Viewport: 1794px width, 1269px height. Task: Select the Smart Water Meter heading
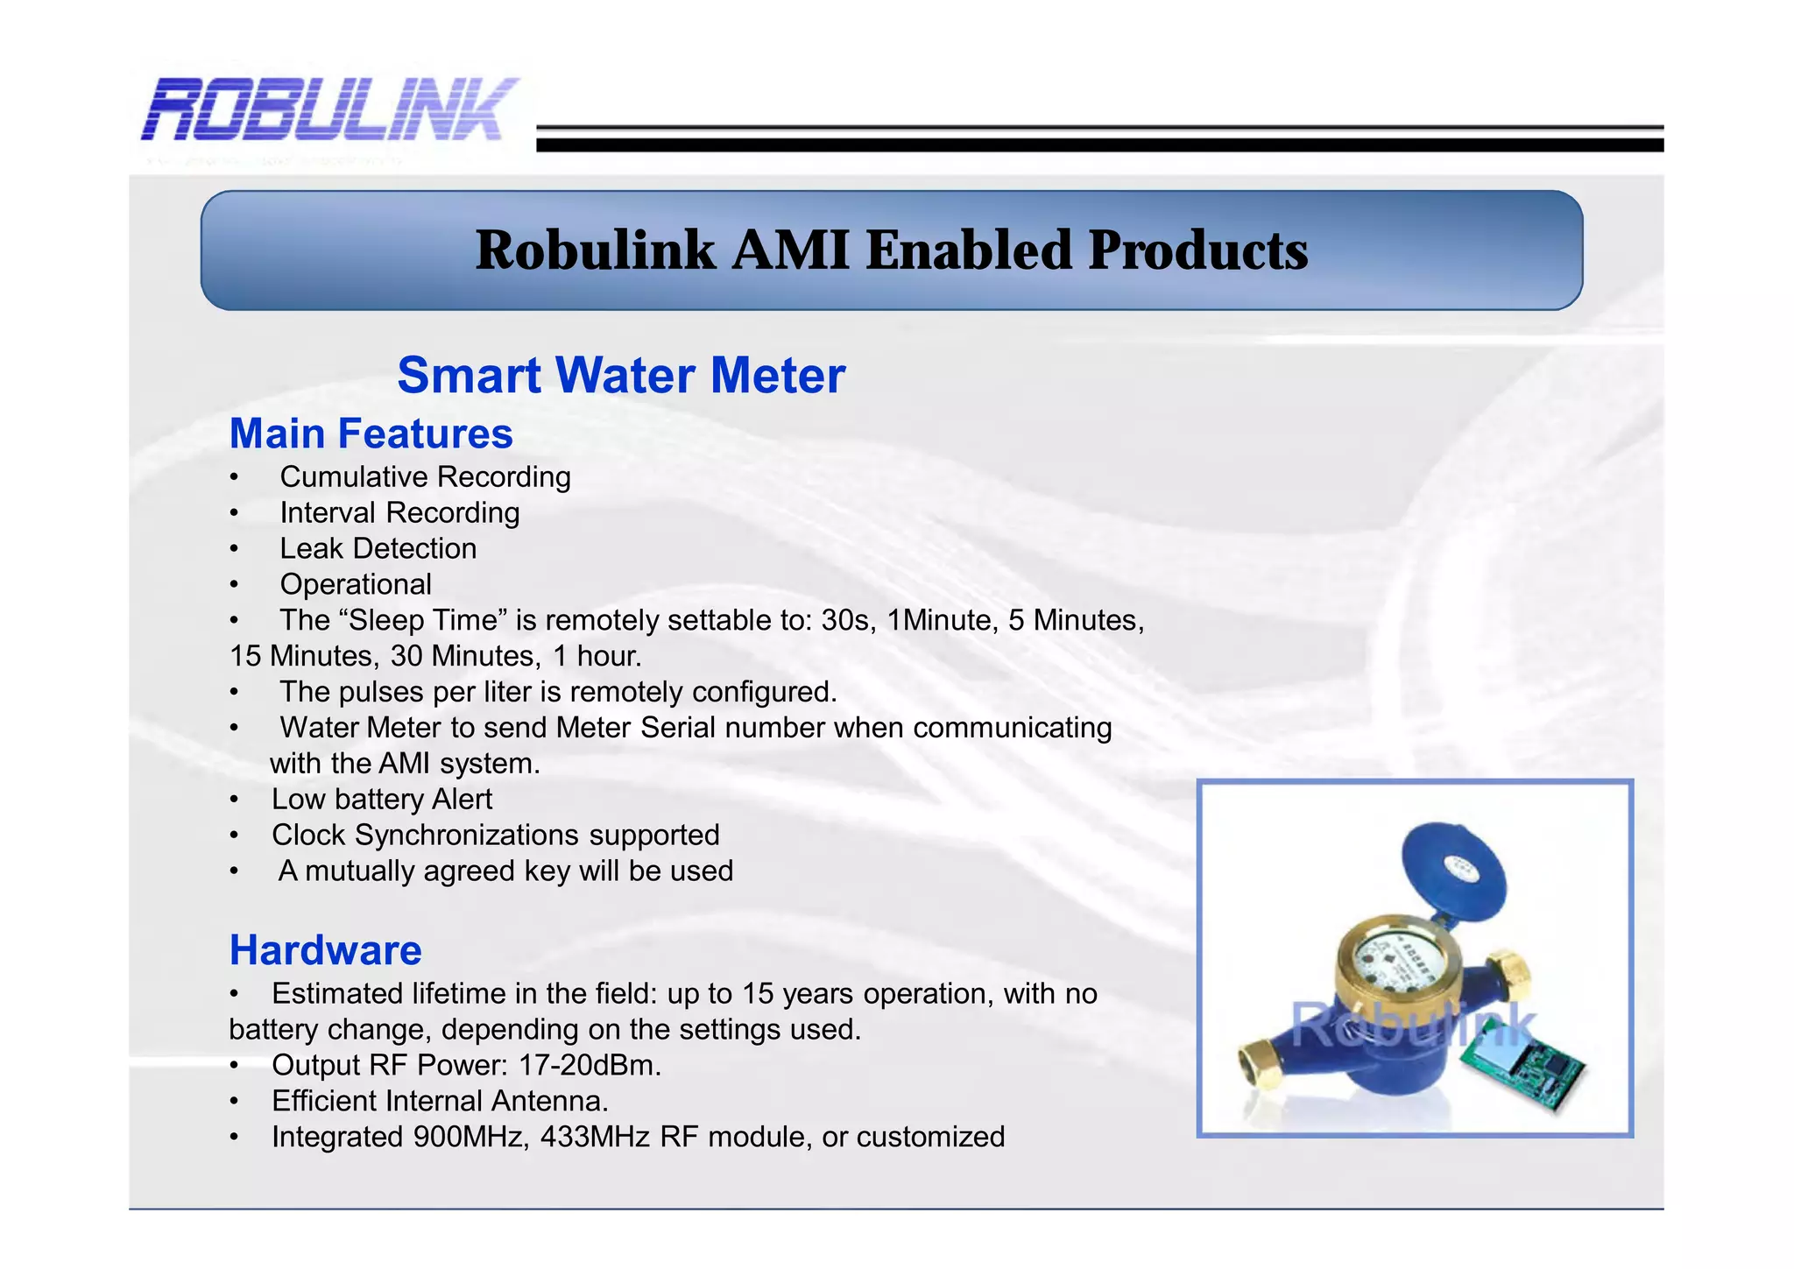click(x=621, y=376)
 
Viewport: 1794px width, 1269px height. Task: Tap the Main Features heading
click(x=371, y=434)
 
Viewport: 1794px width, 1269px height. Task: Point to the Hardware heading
click(x=325, y=951)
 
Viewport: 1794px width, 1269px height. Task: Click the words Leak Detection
click(x=378, y=549)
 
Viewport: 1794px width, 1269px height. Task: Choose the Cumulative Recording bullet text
click(x=425, y=477)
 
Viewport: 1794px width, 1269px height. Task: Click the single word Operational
click(x=356, y=585)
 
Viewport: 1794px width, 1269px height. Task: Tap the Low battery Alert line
click(x=381, y=800)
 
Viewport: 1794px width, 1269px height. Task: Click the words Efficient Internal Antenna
click(x=440, y=1102)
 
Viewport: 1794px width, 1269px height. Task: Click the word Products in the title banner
click(x=1197, y=250)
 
